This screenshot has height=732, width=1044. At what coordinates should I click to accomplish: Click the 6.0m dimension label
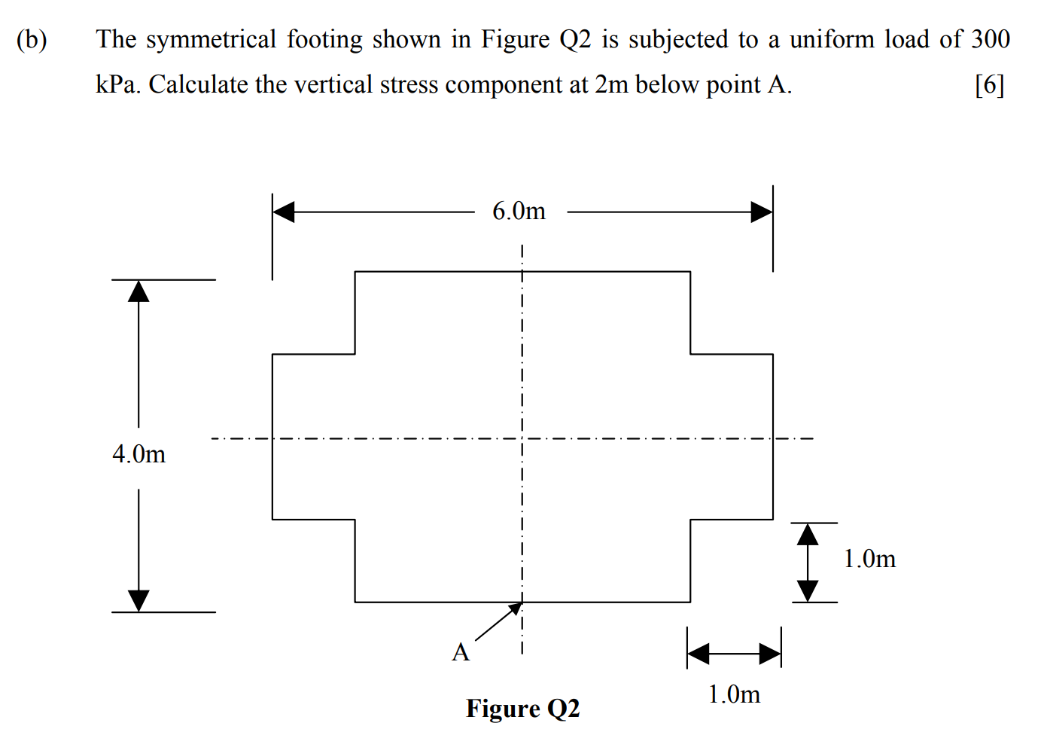tap(519, 212)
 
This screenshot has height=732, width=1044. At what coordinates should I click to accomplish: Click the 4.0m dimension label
tap(138, 454)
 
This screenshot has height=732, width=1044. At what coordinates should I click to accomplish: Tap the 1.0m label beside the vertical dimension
tap(869, 559)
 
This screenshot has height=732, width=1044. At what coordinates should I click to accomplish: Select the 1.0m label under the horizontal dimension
tap(734, 694)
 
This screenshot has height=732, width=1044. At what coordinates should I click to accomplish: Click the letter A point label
tap(461, 652)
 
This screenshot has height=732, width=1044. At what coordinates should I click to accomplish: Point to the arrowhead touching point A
tap(516, 608)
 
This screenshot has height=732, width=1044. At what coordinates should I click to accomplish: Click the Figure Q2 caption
tap(522, 709)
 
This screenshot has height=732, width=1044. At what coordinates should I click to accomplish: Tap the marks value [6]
tap(989, 85)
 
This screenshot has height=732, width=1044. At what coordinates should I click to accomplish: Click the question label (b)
tap(32, 39)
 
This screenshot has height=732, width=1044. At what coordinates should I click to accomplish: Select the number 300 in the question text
tap(990, 39)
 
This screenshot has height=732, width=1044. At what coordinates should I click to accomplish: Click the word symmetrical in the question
tap(211, 39)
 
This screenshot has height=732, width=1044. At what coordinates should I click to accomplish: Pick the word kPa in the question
tap(117, 85)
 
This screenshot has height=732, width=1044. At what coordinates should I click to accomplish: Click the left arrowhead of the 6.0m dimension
tap(284, 212)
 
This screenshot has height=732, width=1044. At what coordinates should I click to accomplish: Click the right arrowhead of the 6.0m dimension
tap(762, 212)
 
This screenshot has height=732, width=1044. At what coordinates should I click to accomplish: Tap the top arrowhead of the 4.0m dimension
tap(138, 291)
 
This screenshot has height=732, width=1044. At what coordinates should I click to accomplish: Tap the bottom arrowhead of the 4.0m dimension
tap(138, 600)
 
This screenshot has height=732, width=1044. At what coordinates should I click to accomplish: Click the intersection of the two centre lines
tap(522, 438)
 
